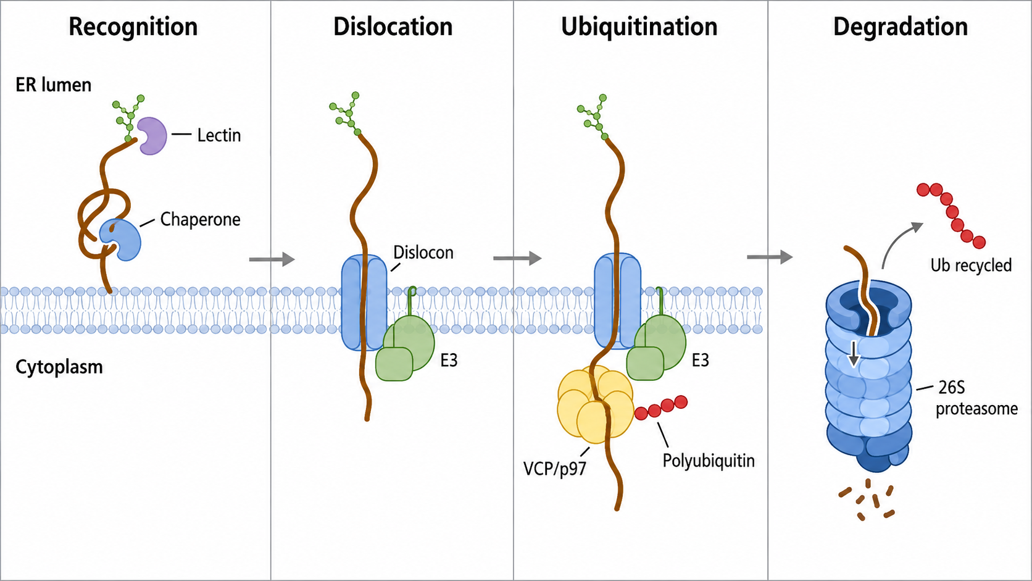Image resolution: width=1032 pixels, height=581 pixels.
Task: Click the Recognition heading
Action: [x=133, y=27]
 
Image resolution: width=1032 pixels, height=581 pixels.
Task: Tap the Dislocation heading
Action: [x=393, y=27]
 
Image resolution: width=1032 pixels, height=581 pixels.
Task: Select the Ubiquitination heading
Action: [x=639, y=27]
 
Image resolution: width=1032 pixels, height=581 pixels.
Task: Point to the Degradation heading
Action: [x=901, y=27]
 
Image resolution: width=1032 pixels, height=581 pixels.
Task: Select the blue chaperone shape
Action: [x=123, y=240]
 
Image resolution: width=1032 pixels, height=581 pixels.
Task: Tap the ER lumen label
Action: [x=54, y=85]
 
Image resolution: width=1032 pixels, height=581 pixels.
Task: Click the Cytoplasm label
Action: [x=59, y=367]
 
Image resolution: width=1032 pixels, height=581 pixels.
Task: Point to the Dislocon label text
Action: [x=423, y=253]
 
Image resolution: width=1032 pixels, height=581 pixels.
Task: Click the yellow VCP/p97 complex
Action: [x=594, y=404]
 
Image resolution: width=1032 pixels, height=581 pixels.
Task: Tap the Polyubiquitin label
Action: [x=709, y=460]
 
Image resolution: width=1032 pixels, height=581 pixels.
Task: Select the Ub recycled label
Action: [x=971, y=265]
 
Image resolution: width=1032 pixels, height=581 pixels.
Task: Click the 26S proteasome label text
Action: [x=976, y=398]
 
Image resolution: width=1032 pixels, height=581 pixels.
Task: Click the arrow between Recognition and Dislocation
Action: [x=272, y=259]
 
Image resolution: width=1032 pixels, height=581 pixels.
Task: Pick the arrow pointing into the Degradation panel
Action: [x=770, y=257]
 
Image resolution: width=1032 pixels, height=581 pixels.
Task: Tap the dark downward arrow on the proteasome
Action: [x=854, y=354]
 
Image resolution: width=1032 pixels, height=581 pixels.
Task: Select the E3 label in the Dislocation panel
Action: [x=449, y=361]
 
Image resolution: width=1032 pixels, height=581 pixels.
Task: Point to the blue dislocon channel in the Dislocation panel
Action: [x=364, y=303]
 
